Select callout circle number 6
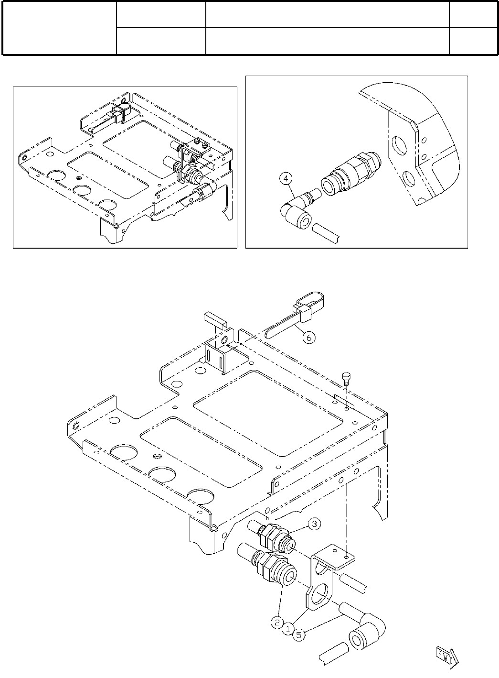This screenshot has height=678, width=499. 309,338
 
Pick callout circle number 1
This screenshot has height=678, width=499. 288,629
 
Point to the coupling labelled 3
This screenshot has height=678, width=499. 277,538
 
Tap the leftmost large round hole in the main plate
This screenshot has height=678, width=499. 124,452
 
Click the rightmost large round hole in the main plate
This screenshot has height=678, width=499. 203,497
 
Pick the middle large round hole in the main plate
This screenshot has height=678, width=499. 163,474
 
